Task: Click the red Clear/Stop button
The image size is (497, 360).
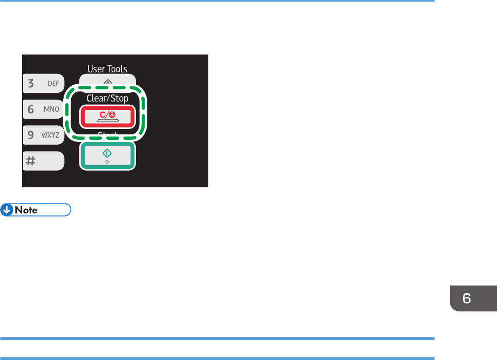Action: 106,117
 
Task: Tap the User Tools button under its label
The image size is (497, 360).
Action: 107,81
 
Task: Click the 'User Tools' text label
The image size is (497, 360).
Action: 107,69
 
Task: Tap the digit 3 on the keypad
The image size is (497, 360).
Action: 31,83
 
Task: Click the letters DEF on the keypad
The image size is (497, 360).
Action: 53,84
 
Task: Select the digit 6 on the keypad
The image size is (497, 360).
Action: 31,109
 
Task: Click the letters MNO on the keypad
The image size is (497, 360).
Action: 52,110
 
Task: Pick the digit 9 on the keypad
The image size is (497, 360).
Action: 31,135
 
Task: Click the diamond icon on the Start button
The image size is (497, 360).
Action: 107,153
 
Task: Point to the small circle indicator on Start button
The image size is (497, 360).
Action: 107,162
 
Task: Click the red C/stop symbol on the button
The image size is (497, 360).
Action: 107,115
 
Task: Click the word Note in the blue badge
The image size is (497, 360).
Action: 26,210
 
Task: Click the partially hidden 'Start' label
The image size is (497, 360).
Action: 107,134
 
